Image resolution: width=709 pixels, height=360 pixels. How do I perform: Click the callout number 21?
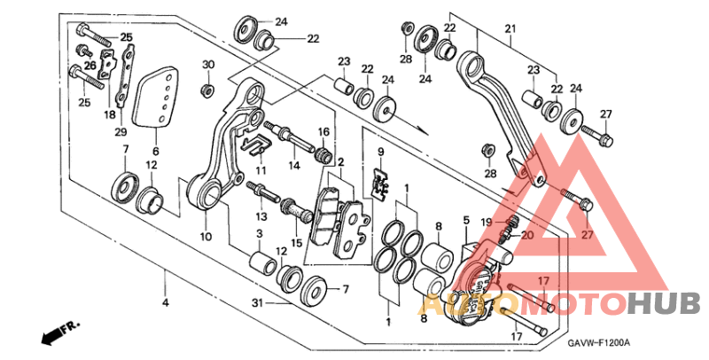pyautogui.click(x=510, y=29)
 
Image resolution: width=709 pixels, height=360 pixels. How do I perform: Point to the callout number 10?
pyautogui.click(x=205, y=238)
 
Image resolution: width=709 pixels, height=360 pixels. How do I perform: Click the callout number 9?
pyautogui.click(x=380, y=152)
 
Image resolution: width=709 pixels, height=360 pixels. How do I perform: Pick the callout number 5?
pyautogui.click(x=465, y=219)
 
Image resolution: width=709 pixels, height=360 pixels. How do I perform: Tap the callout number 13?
pyautogui.click(x=262, y=216)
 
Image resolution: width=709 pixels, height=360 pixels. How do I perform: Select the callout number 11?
pyautogui.click(x=261, y=169)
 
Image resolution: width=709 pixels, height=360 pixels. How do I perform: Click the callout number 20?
pyautogui.click(x=527, y=235)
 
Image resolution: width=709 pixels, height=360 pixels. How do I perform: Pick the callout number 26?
pyautogui.click(x=90, y=66)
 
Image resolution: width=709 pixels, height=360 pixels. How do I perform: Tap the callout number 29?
pyautogui.click(x=121, y=131)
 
